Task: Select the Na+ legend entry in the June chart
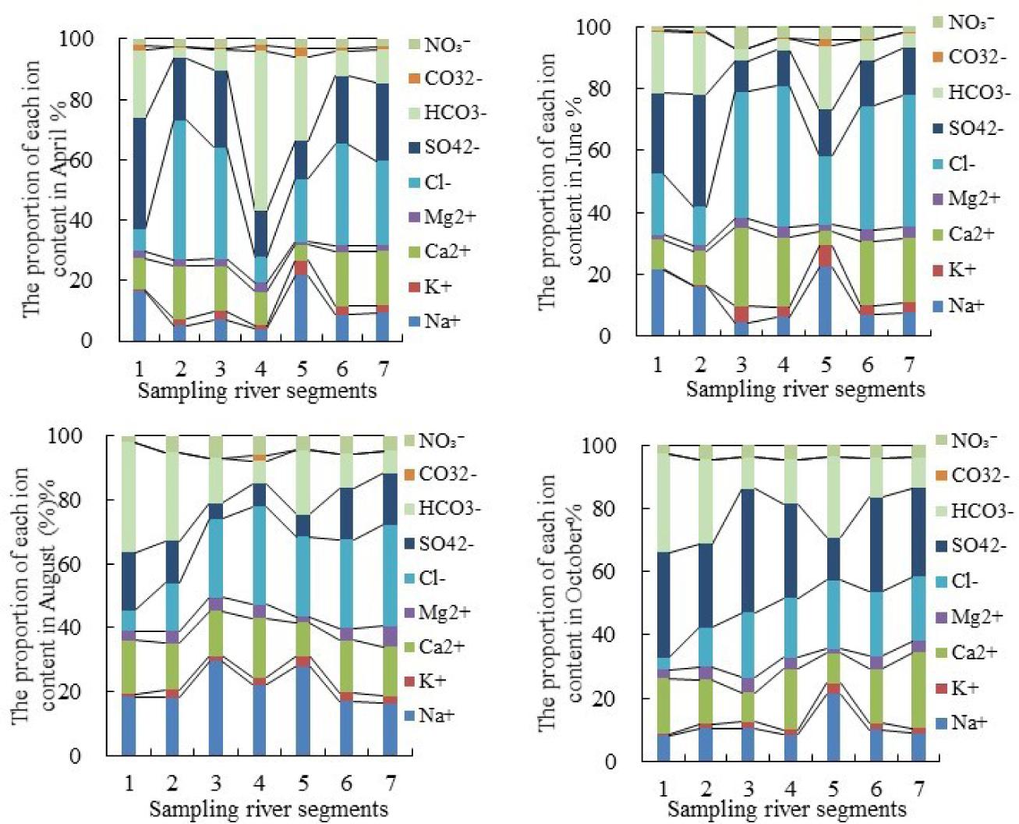[967, 305]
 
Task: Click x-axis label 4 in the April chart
[261, 368]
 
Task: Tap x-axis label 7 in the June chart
[909, 364]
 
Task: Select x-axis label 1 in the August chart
[129, 783]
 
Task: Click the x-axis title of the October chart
[787, 809]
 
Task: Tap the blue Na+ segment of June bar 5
[825, 301]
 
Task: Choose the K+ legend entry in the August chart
[433, 681]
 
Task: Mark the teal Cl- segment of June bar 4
[783, 156]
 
